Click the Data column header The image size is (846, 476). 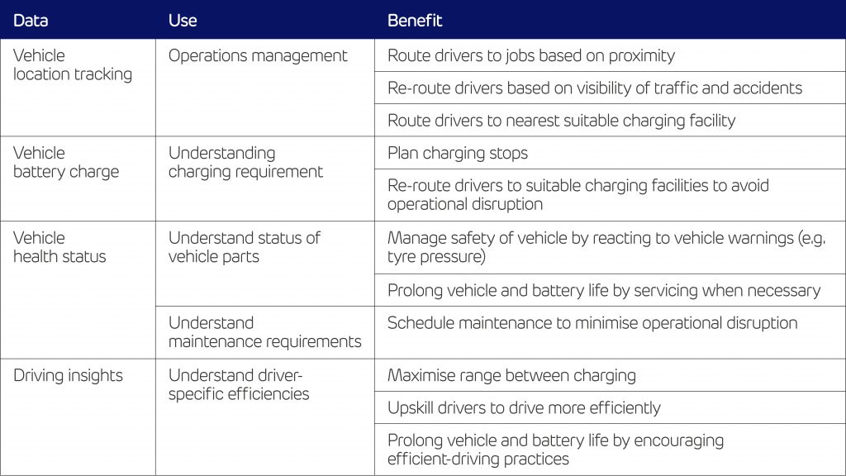coord(31,21)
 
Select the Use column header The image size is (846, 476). coord(183,21)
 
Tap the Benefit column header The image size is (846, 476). coord(415,21)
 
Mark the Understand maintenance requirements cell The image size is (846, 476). coord(265,332)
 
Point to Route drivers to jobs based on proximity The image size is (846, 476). coord(531,55)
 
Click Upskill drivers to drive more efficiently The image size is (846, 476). coord(524,407)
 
